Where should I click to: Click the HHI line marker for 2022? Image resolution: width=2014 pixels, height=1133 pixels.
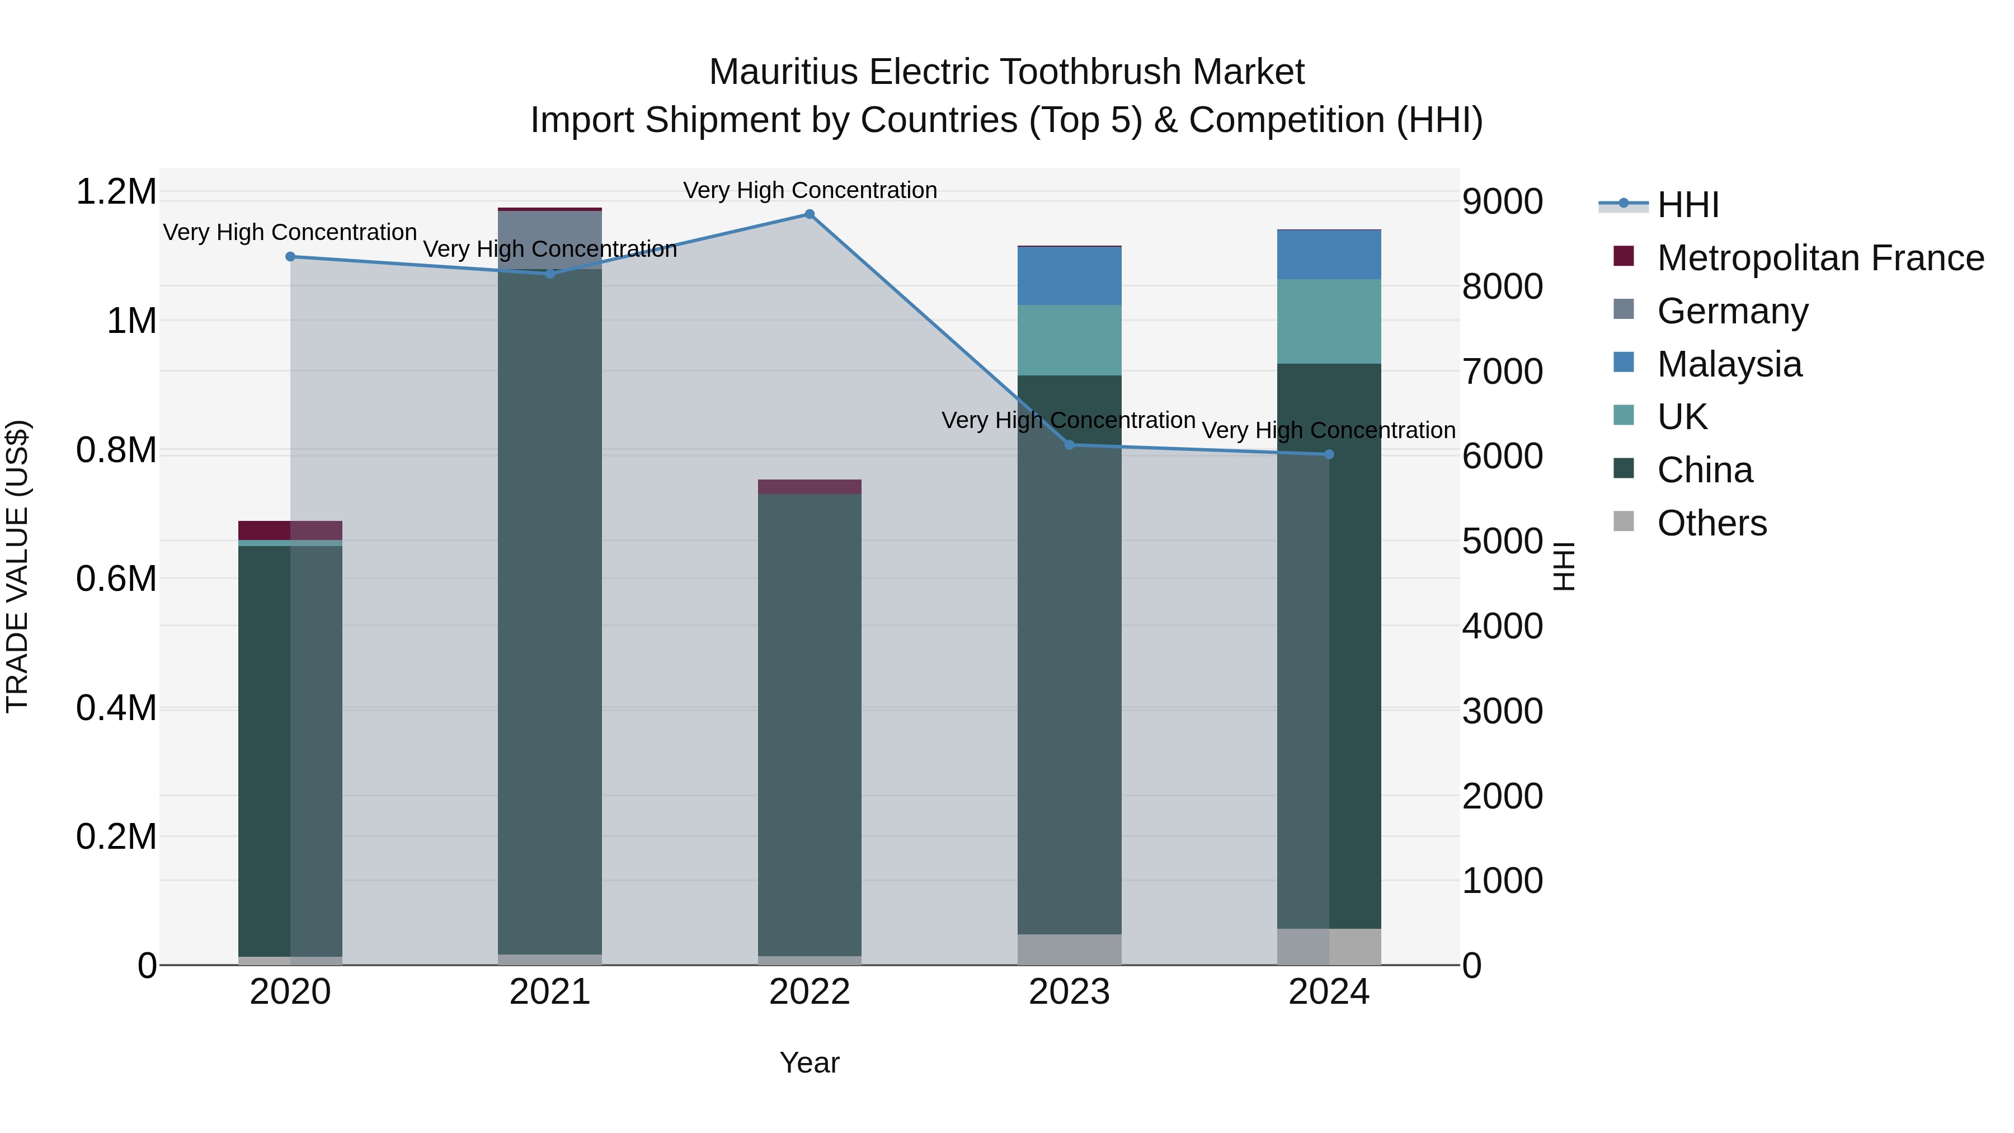click(x=809, y=214)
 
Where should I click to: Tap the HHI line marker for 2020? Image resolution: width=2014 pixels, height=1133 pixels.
click(x=290, y=256)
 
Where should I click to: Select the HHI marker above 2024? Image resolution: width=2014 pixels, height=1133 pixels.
click(x=1329, y=454)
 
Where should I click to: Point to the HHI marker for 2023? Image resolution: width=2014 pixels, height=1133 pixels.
click(x=1070, y=445)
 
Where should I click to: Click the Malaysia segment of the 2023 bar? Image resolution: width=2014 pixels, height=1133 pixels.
click(x=1070, y=275)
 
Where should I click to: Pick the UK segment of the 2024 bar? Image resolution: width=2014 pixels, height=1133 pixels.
click(x=1329, y=321)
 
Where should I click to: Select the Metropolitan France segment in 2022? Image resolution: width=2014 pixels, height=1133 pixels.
click(x=809, y=486)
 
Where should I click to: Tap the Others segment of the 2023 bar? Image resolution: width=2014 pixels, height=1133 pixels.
click(x=1070, y=949)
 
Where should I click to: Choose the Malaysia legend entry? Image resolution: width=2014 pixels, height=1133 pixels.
click(x=1729, y=364)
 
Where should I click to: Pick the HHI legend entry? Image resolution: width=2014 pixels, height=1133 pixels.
click(x=1687, y=205)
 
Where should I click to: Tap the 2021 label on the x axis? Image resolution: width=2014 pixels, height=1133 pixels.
click(x=549, y=992)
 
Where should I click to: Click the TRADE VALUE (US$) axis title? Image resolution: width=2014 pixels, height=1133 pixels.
click(x=18, y=566)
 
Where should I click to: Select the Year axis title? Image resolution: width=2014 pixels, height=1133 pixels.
click(x=809, y=1063)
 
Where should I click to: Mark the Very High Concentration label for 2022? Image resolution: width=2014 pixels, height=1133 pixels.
click(x=809, y=190)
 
